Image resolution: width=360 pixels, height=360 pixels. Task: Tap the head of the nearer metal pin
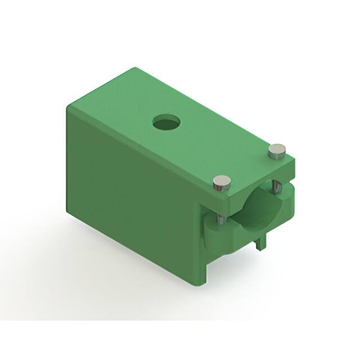point(222,182)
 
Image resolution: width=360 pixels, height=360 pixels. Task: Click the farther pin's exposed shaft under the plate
point(275,187)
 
